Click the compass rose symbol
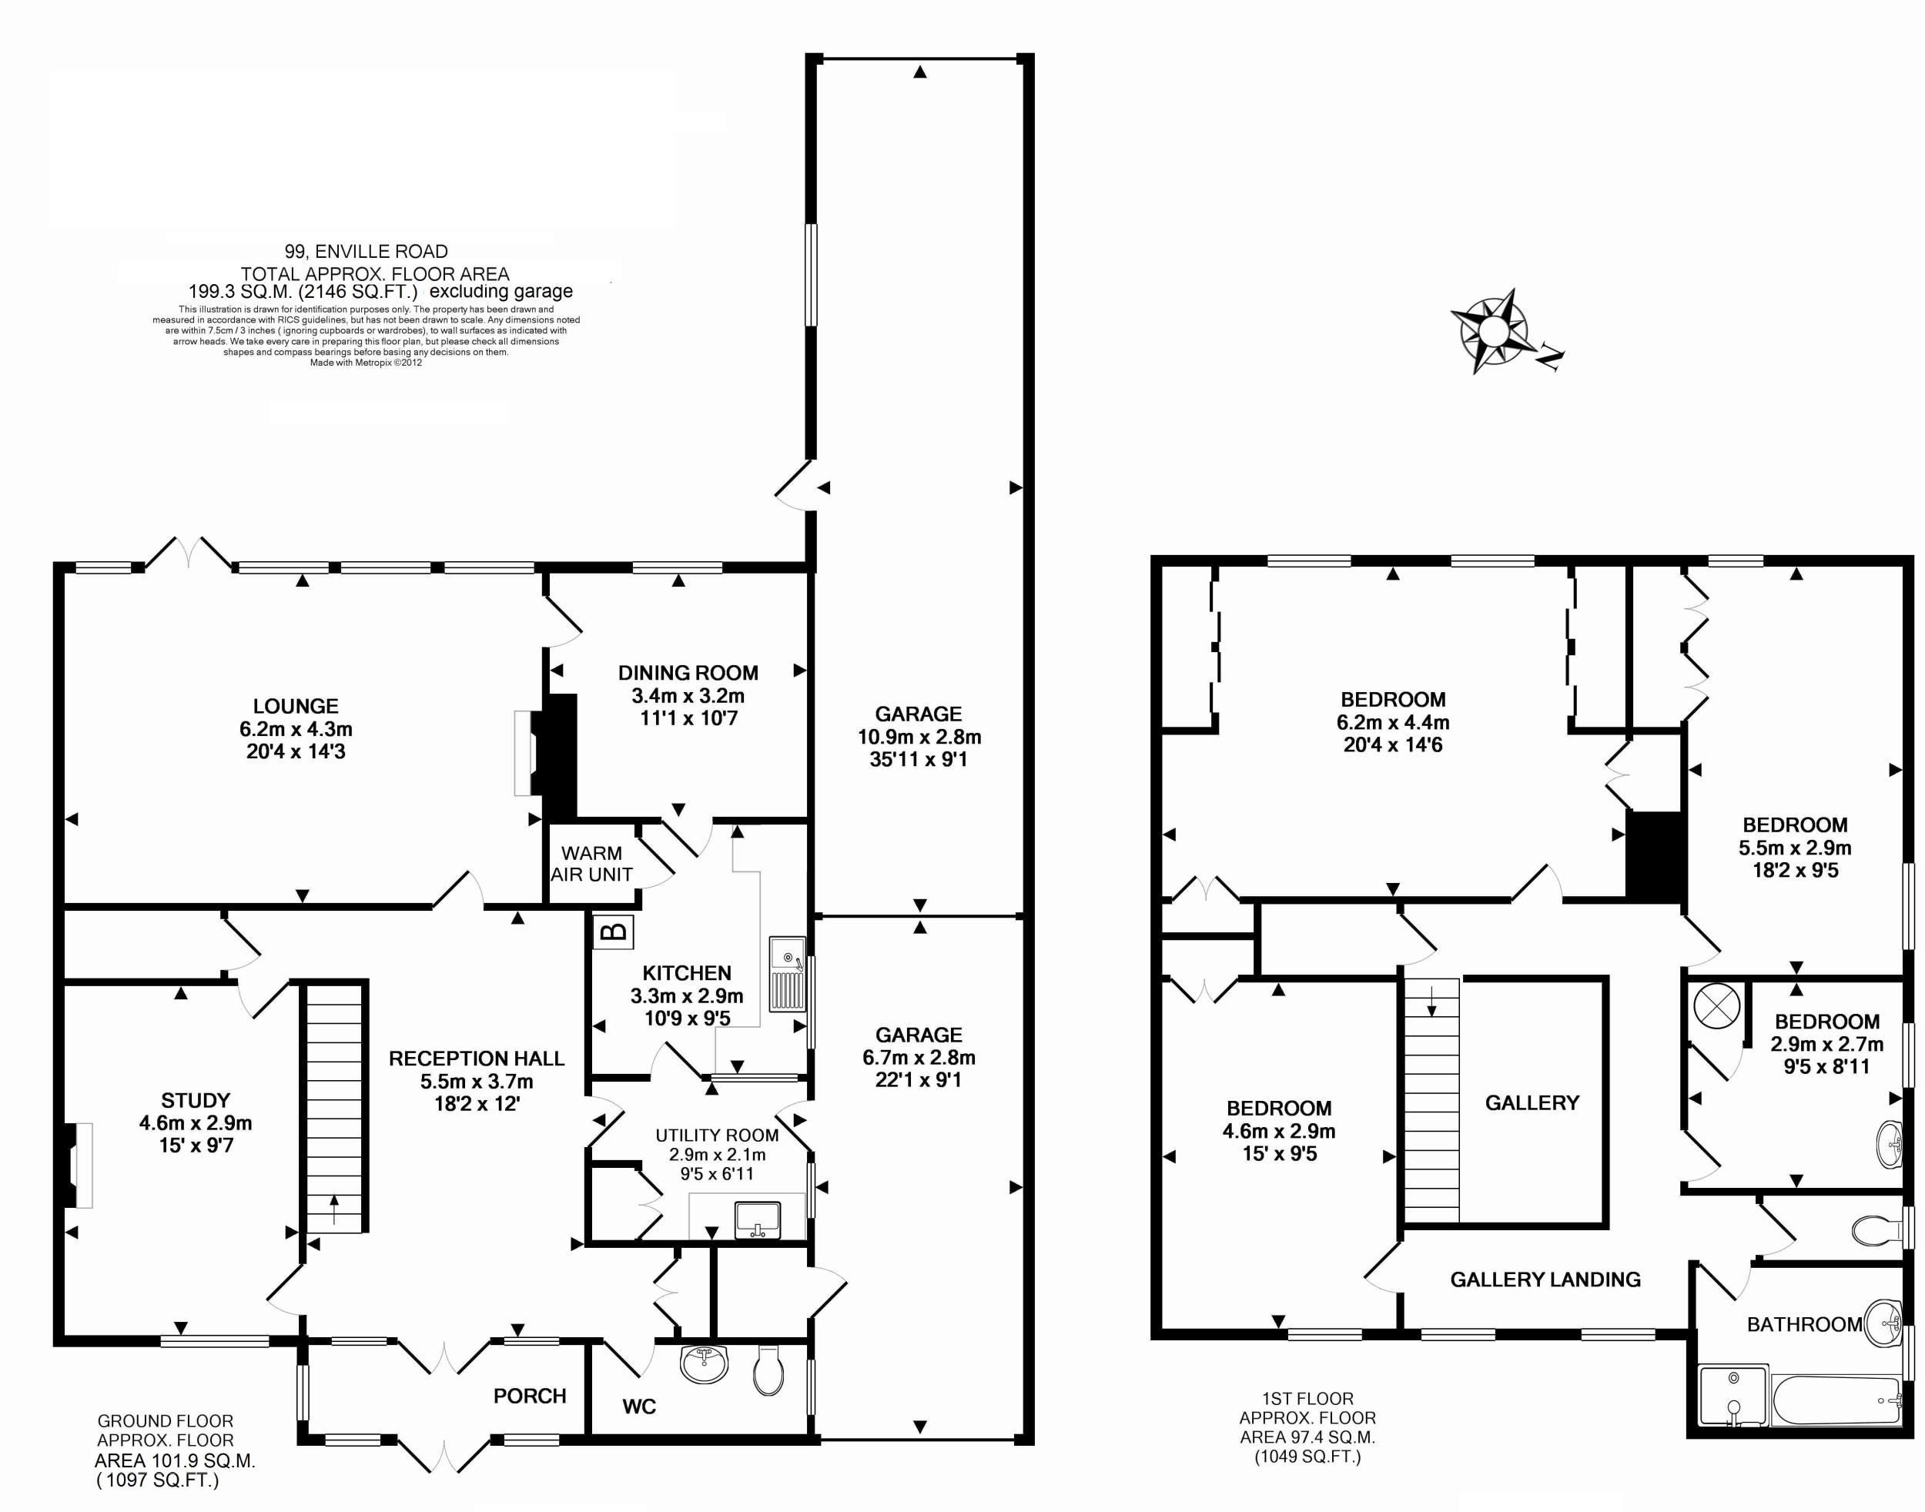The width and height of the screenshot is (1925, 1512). click(1494, 331)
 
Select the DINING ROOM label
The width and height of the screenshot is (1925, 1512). click(688, 673)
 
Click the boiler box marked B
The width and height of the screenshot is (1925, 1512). click(614, 932)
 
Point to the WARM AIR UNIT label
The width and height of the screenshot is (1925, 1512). click(591, 864)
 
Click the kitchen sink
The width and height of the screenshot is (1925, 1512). click(786, 974)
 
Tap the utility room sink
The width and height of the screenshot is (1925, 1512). click(757, 1220)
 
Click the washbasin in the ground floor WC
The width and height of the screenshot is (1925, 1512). click(705, 1364)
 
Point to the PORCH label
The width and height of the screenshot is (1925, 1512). click(530, 1396)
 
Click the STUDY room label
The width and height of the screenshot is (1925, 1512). click(196, 1100)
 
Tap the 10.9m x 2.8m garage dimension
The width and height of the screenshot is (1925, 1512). click(919, 737)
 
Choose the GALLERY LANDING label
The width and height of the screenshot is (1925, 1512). click(1545, 1280)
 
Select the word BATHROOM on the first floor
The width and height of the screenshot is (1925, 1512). click(1805, 1324)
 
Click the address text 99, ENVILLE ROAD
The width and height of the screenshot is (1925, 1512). click(366, 252)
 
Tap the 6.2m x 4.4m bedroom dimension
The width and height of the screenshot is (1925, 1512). click(1393, 722)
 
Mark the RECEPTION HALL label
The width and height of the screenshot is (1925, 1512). click(477, 1059)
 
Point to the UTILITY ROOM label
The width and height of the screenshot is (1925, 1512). click(717, 1136)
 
